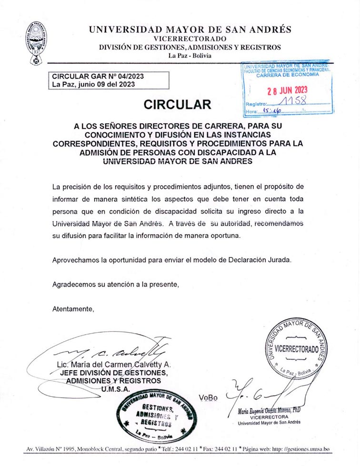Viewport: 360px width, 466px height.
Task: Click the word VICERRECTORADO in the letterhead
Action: (190, 39)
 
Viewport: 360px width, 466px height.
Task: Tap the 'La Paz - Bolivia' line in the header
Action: (190, 56)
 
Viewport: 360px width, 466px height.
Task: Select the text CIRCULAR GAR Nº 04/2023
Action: (98, 76)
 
